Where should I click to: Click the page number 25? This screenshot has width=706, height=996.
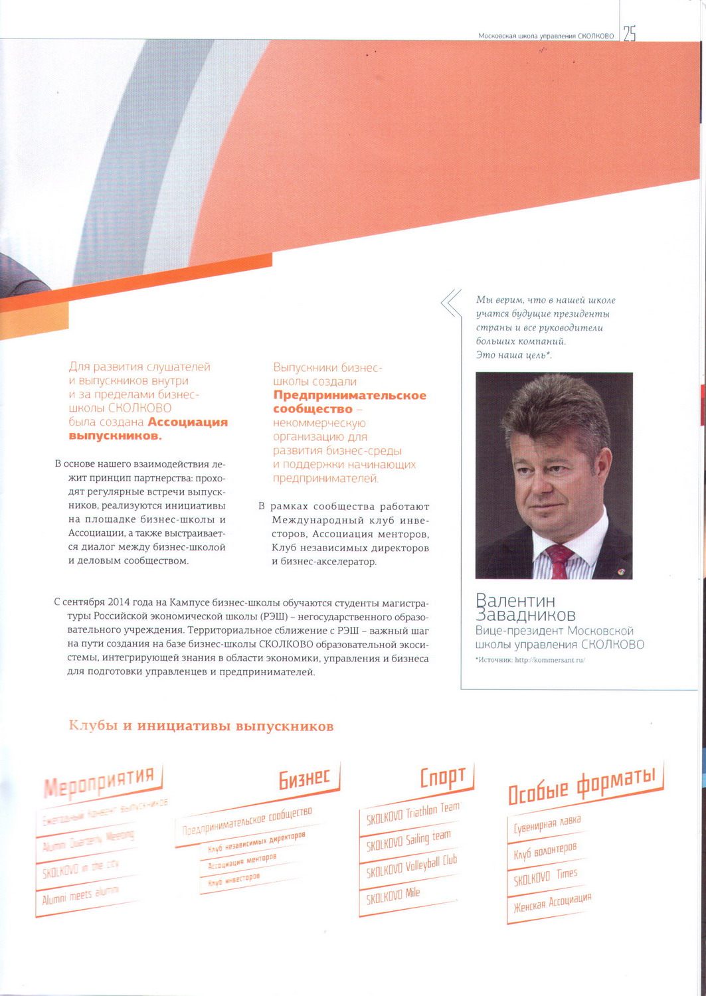pos(629,34)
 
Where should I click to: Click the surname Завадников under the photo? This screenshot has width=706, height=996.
pos(525,615)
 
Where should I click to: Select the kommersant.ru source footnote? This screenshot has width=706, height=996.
pos(530,659)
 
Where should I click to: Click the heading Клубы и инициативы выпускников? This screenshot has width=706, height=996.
pos(201,726)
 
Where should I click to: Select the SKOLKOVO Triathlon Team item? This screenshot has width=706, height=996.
pos(412,814)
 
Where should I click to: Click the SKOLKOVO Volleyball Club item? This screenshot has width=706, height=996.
pos(412,866)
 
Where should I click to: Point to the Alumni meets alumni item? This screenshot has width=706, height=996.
pos(80,896)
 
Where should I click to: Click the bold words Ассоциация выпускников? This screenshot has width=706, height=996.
pos(149,429)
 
